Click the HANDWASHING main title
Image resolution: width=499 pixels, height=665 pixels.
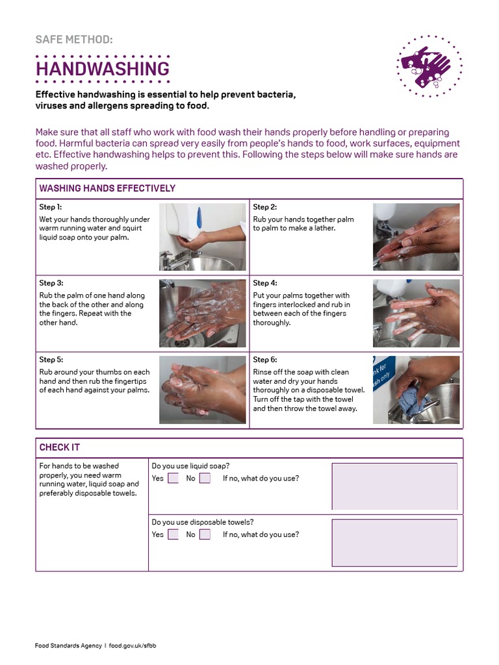(102, 69)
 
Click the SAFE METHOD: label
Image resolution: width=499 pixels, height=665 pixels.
(73, 40)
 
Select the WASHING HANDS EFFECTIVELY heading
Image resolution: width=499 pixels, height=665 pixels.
(107, 188)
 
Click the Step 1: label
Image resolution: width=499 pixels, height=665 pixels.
(51, 207)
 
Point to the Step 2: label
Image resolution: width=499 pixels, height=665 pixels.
(264, 207)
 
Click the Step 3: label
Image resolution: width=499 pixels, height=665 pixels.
(51, 283)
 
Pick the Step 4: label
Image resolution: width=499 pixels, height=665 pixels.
(264, 283)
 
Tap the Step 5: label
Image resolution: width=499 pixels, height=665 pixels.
(51, 360)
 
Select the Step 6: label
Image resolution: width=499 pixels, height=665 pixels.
(264, 360)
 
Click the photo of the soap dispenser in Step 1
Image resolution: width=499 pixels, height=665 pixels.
(202, 236)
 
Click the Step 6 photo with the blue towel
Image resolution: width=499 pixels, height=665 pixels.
(416, 390)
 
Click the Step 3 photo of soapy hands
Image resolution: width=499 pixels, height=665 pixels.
(202, 313)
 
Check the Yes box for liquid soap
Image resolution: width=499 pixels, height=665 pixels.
(173, 479)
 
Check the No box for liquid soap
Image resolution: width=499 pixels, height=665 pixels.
(205, 479)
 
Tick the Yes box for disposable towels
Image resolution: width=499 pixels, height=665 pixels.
(173, 534)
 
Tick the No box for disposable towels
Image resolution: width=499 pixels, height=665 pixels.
(205, 534)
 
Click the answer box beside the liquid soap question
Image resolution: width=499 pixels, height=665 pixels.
(394, 486)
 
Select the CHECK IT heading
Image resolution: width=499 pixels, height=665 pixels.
(59, 447)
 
